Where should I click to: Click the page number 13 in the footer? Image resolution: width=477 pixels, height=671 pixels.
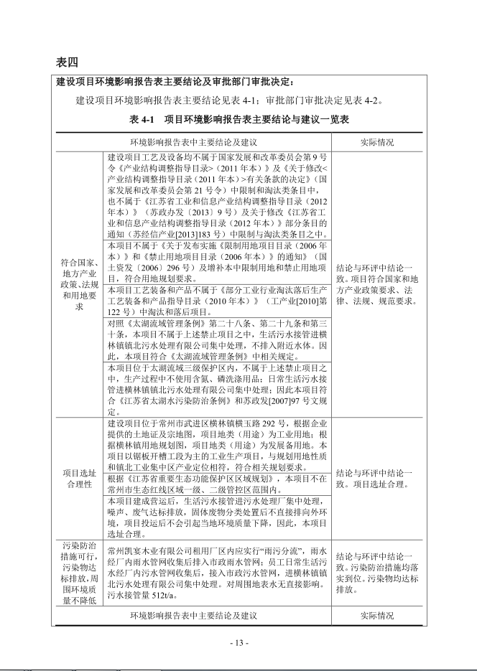239,642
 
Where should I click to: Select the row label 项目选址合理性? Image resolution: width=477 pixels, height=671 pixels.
79,479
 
